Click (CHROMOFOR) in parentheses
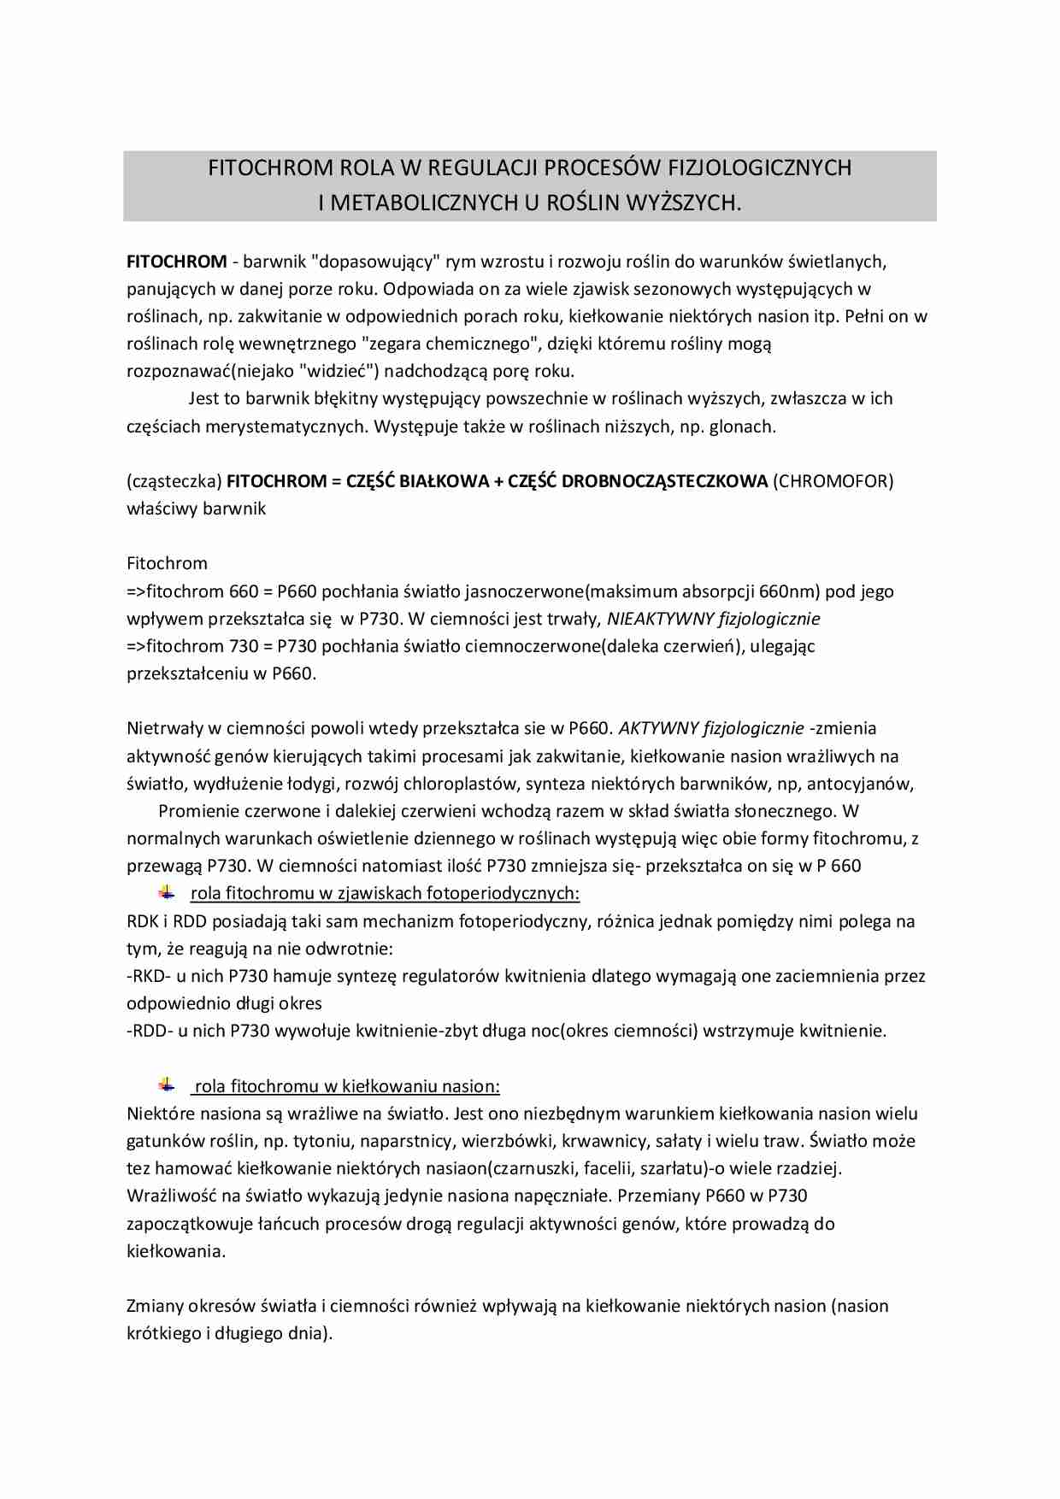click(x=833, y=481)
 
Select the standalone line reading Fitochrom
click(x=167, y=563)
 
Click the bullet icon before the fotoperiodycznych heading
click(x=166, y=893)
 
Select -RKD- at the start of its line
click(x=150, y=976)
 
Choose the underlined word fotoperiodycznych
click(x=503, y=894)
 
